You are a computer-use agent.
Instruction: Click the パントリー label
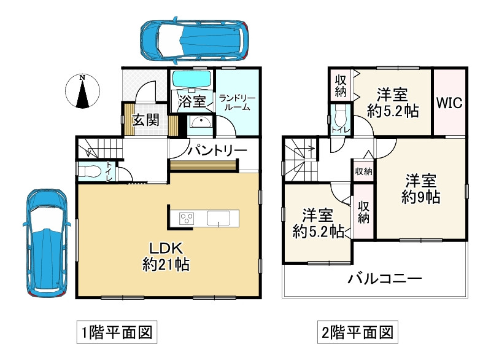(x=217, y=151)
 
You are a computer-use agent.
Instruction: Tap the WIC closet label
(x=449, y=102)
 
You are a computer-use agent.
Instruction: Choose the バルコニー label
(x=385, y=279)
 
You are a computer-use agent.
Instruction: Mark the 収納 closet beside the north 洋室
(x=341, y=85)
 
